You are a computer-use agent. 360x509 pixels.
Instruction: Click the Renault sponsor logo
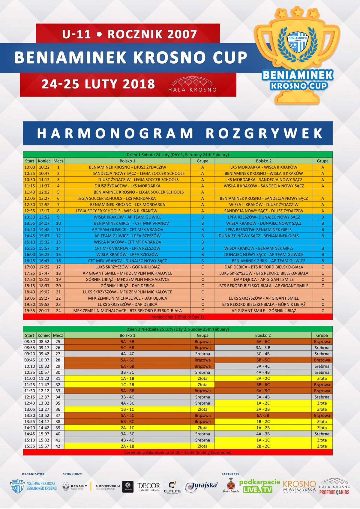click(75, 487)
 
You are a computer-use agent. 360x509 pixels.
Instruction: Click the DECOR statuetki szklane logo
click(149, 487)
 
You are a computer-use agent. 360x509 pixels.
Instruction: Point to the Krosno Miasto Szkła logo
click(299, 487)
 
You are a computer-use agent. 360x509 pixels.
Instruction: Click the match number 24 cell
click(58, 311)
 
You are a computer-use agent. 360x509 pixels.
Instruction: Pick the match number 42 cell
click(58, 446)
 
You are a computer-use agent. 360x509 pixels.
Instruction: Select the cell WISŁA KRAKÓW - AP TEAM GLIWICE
click(127, 217)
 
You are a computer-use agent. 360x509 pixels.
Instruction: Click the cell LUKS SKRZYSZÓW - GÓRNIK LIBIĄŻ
click(127, 267)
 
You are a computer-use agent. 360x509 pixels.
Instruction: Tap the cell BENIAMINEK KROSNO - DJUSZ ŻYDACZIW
click(127, 167)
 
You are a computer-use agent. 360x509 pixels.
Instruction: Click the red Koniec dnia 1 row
click(178, 317)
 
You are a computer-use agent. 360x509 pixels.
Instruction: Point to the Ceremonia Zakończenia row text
click(178, 453)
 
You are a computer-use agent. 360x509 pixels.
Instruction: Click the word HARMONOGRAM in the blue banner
click(115, 133)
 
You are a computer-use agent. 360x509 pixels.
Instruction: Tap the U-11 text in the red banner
click(76, 34)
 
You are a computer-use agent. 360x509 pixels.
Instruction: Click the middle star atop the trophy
click(297, 12)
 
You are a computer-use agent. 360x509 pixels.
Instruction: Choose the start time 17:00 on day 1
click(30, 267)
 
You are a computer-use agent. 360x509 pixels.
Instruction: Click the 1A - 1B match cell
click(127, 379)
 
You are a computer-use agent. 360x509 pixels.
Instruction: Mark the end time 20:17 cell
click(44, 311)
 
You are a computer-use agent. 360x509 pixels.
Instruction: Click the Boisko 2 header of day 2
click(263, 335)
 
